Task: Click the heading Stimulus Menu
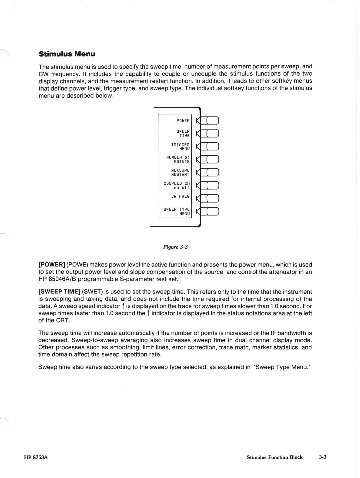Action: [x=67, y=54]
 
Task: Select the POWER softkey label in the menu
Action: [x=183, y=121]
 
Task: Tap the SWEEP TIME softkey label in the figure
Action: [x=183, y=134]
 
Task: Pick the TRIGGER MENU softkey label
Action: [x=180, y=147]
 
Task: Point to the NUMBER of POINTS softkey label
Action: [x=178, y=159]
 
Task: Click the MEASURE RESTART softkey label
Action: [x=180, y=172]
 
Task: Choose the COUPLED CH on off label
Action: [x=177, y=185]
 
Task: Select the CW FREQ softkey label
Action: [x=180, y=197]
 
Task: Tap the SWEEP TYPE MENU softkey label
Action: [x=177, y=211]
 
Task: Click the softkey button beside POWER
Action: [x=212, y=121]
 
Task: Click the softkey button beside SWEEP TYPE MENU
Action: [x=212, y=211]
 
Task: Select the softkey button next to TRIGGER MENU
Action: [x=212, y=147]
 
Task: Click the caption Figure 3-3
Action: [x=175, y=247]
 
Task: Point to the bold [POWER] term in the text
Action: [x=52, y=265]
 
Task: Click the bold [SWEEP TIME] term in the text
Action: [x=59, y=292]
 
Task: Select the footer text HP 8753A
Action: [x=36, y=457]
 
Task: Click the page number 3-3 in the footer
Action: [x=322, y=457]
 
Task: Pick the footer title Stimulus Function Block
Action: [x=274, y=457]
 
